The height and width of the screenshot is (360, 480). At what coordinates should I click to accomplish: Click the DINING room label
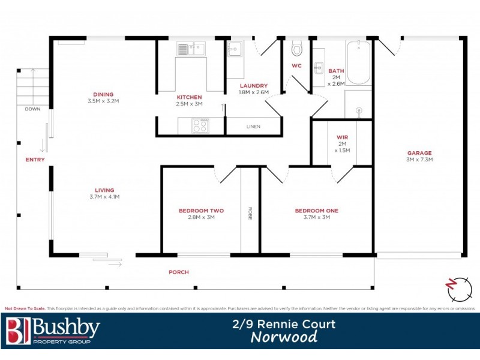pyautogui.click(x=103, y=94)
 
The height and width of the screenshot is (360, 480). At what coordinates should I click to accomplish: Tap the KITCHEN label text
pyautogui.click(x=189, y=97)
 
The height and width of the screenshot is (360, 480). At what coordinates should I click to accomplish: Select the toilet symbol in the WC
pyautogui.click(x=296, y=49)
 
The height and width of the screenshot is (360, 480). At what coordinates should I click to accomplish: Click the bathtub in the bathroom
pyautogui.click(x=359, y=62)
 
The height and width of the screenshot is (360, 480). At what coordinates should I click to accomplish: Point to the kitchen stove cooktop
pyautogui.click(x=199, y=126)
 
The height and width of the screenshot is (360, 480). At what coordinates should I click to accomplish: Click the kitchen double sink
pyautogui.click(x=191, y=48)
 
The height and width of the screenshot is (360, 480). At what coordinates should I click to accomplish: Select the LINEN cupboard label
pyautogui.click(x=253, y=127)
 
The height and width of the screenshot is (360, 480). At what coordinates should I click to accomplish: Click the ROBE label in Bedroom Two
pyautogui.click(x=250, y=213)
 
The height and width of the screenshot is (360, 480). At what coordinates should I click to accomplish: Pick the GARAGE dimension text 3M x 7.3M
pyautogui.click(x=420, y=160)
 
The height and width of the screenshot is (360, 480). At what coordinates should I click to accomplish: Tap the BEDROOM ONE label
pyautogui.click(x=316, y=211)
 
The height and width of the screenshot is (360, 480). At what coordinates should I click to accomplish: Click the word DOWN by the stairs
pyautogui.click(x=32, y=109)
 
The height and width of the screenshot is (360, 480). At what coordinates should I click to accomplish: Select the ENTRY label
pyautogui.click(x=35, y=160)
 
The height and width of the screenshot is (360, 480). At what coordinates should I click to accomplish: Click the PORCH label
pyautogui.click(x=178, y=272)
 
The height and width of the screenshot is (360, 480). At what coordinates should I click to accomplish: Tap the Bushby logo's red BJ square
pyautogui.click(x=17, y=331)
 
